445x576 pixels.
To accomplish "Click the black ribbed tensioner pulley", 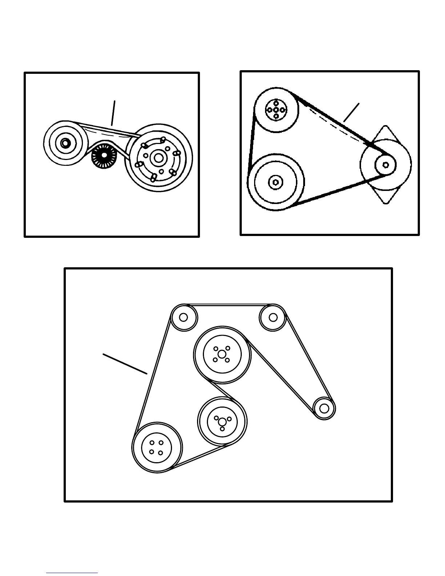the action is [x=104, y=156].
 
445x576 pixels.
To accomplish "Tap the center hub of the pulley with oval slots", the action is [x=159, y=157].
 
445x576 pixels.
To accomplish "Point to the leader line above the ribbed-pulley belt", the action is [x=114, y=113].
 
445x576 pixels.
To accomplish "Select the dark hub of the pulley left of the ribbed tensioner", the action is [x=65, y=143].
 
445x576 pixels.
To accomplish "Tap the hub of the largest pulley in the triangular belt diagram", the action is [x=275, y=182].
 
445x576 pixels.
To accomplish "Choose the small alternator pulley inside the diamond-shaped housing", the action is [x=386, y=165].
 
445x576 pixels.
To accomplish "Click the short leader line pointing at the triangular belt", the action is [x=351, y=112].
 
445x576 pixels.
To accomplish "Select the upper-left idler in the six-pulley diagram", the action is [x=184, y=317].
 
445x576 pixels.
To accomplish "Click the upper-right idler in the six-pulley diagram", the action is [x=273, y=317].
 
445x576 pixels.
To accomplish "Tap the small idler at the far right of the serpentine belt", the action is [x=324, y=408].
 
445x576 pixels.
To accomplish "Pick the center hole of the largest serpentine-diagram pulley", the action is [x=222, y=355].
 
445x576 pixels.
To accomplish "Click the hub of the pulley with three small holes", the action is [x=222, y=421].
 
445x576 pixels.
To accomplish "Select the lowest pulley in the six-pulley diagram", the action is [x=157, y=447].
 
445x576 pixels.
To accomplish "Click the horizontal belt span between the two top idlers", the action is [x=228, y=305].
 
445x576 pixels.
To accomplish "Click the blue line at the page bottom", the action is [x=72, y=573].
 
